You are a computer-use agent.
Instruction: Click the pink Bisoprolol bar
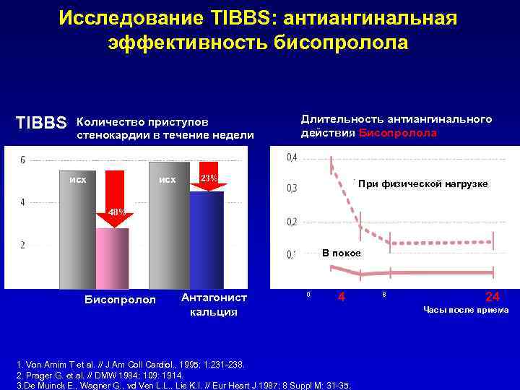pyautogui.click(x=112, y=259)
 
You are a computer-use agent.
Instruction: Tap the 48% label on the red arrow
pyautogui.click(x=117, y=212)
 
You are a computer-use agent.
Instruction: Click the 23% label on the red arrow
pyautogui.click(x=209, y=178)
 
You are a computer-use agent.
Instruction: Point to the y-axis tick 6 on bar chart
pyautogui.click(x=22, y=160)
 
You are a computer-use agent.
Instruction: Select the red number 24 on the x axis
pyautogui.click(x=491, y=295)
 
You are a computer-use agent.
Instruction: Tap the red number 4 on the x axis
pyautogui.click(x=342, y=296)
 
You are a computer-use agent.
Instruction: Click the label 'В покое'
pyautogui.click(x=342, y=253)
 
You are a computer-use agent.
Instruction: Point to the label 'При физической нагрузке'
pyautogui.click(x=423, y=184)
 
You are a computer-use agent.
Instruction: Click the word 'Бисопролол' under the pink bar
pyautogui.click(x=120, y=299)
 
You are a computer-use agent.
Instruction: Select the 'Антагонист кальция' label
pyautogui.click(x=213, y=304)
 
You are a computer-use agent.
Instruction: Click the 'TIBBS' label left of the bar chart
pyautogui.click(x=41, y=123)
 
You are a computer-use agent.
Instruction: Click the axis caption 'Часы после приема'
pyautogui.click(x=466, y=310)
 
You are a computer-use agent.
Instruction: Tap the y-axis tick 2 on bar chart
pyautogui.click(x=22, y=245)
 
